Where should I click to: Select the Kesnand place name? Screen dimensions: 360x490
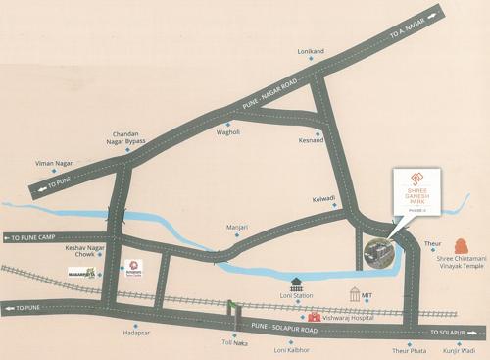click(311, 140)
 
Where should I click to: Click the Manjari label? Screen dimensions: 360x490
click(238, 228)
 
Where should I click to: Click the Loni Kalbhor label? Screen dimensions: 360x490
click(292, 349)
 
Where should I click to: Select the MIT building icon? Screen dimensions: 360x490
click(356, 294)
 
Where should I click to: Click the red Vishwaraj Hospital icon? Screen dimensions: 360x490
click(314, 317)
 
